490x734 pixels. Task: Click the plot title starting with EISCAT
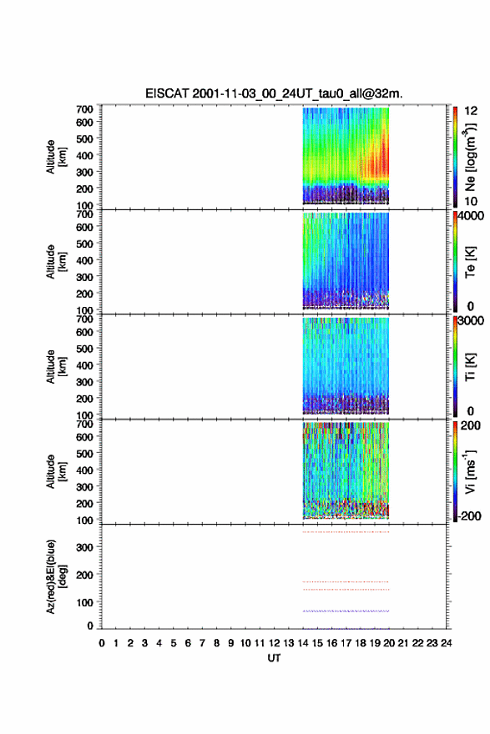(x=274, y=93)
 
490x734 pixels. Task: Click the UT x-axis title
(x=274, y=658)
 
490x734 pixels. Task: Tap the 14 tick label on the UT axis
(x=303, y=643)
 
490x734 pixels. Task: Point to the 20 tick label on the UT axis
(x=389, y=643)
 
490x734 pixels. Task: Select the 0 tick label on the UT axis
(x=102, y=643)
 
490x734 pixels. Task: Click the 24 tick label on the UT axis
(x=447, y=643)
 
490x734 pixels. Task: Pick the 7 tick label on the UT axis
(x=202, y=643)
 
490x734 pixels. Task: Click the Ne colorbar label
(x=470, y=158)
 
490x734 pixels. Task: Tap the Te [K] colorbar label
(x=470, y=262)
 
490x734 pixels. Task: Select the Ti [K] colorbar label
(x=470, y=366)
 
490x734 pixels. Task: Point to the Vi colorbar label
(x=470, y=471)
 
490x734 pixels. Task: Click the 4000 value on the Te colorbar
(x=472, y=216)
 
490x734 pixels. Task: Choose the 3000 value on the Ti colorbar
(x=472, y=321)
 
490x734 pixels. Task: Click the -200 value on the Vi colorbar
(x=469, y=515)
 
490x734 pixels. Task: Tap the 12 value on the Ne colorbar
(x=471, y=111)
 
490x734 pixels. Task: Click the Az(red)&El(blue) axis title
(x=55, y=576)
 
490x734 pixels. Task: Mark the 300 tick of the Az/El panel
(x=85, y=547)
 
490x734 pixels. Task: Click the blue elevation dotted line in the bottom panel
(x=346, y=611)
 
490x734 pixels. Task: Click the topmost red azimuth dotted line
(x=346, y=532)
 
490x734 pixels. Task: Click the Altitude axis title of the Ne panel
(x=55, y=157)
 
